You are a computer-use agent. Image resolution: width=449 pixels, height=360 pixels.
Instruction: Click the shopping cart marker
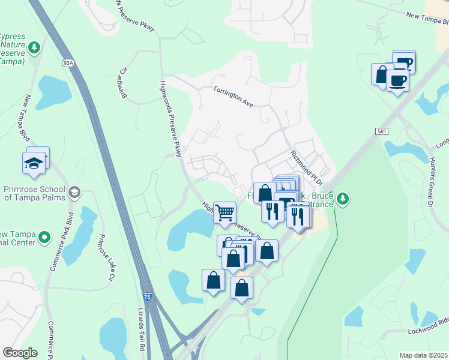coord(224,212)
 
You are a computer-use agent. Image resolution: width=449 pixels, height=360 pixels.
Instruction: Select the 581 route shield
coord(382,131)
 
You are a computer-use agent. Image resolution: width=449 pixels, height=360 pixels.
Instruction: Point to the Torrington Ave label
coord(234,96)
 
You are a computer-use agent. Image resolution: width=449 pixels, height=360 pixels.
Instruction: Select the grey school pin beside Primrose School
coord(74,193)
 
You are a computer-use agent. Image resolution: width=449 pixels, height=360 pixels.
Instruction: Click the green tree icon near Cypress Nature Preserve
coord(35,47)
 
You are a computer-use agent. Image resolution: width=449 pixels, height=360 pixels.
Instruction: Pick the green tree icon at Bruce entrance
coord(343,197)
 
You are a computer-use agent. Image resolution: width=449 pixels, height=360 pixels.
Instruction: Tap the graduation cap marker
coord(34,162)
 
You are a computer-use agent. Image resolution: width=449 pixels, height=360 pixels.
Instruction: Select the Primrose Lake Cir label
coord(106,257)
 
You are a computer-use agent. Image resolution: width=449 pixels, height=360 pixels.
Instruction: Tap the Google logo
coord(19,353)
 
